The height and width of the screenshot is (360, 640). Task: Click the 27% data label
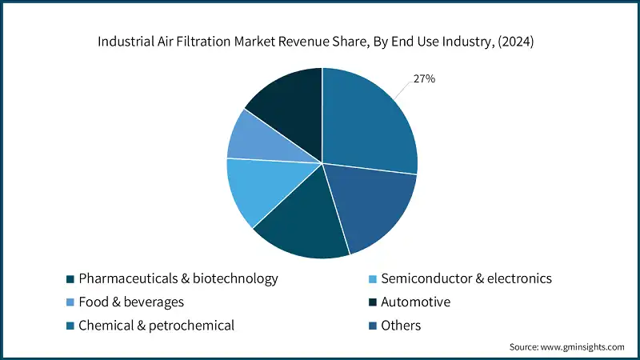point(423,79)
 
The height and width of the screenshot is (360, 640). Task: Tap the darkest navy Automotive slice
point(288,105)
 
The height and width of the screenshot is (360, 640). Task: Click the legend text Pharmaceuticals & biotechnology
point(178,279)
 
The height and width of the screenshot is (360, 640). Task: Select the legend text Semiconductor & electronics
point(466,279)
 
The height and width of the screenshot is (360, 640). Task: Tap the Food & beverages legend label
point(131,302)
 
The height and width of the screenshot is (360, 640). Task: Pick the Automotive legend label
point(416,302)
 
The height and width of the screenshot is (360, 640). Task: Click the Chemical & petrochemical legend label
point(157,326)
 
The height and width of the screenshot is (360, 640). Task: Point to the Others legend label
point(401,326)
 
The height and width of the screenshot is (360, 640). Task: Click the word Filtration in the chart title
point(205,42)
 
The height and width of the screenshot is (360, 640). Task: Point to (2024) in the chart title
point(516,42)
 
